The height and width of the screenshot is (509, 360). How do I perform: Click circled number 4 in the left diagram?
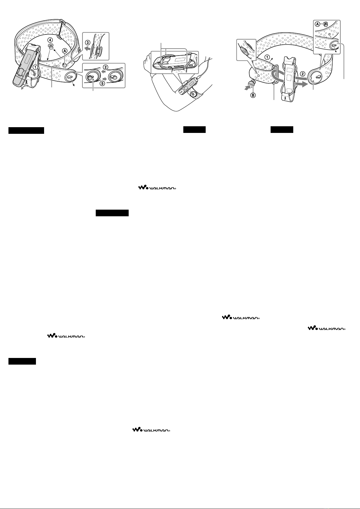[50, 40]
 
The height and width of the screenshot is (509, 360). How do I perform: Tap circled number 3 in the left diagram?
[88, 42]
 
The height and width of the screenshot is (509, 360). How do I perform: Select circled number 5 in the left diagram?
[102, 83]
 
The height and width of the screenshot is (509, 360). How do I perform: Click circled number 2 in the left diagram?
[105, 67]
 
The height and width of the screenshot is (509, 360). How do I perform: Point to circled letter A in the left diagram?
[65, 51]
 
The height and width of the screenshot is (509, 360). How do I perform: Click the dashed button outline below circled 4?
[51, 47]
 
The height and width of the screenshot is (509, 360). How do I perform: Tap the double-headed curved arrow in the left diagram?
[25, 88]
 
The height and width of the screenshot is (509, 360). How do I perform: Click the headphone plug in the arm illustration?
[199, 77]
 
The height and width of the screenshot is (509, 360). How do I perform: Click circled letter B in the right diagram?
[253, 95]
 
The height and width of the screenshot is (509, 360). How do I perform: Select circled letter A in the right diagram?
[317, 24]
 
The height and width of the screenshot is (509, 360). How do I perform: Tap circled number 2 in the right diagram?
[303, 74]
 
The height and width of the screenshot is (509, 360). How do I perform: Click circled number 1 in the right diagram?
[267, 57]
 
